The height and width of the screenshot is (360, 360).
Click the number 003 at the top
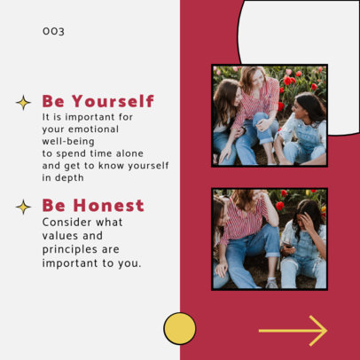click(53, 32)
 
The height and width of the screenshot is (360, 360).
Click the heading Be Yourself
click(98, 101)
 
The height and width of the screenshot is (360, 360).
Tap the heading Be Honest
click(92, 206)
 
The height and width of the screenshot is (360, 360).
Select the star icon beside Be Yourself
click(23, 102)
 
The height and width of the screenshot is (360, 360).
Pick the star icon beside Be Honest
click(23, 207)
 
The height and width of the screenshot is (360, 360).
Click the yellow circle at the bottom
click(180, 328)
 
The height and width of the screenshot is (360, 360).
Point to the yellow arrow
click(293, 331)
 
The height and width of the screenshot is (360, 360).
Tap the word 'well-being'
click(67, 140)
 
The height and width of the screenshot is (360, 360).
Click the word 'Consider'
click(69, 222)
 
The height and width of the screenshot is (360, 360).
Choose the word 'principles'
click(74, 249)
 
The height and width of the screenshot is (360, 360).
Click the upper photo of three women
click(270, 115)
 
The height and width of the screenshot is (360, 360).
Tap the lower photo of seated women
click(270, 239)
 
